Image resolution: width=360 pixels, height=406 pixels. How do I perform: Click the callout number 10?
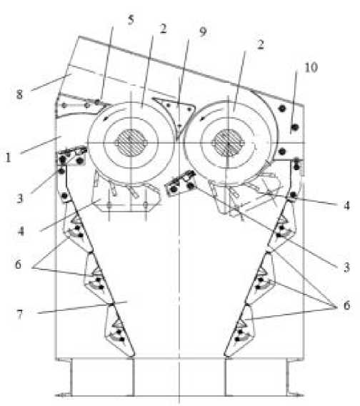311,67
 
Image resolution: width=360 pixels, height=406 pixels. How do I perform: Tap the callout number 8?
19,94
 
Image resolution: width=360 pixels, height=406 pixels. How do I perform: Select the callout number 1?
9,157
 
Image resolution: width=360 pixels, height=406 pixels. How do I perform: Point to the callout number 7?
19,315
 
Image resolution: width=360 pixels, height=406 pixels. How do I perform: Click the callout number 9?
203,31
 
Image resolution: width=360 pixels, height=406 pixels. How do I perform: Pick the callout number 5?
131,20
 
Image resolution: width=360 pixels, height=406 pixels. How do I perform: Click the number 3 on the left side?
20,198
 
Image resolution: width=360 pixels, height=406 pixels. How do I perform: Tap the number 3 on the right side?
346,267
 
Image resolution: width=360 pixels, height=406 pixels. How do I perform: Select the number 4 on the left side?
21,231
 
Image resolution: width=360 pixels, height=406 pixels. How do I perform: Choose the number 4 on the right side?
346,205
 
